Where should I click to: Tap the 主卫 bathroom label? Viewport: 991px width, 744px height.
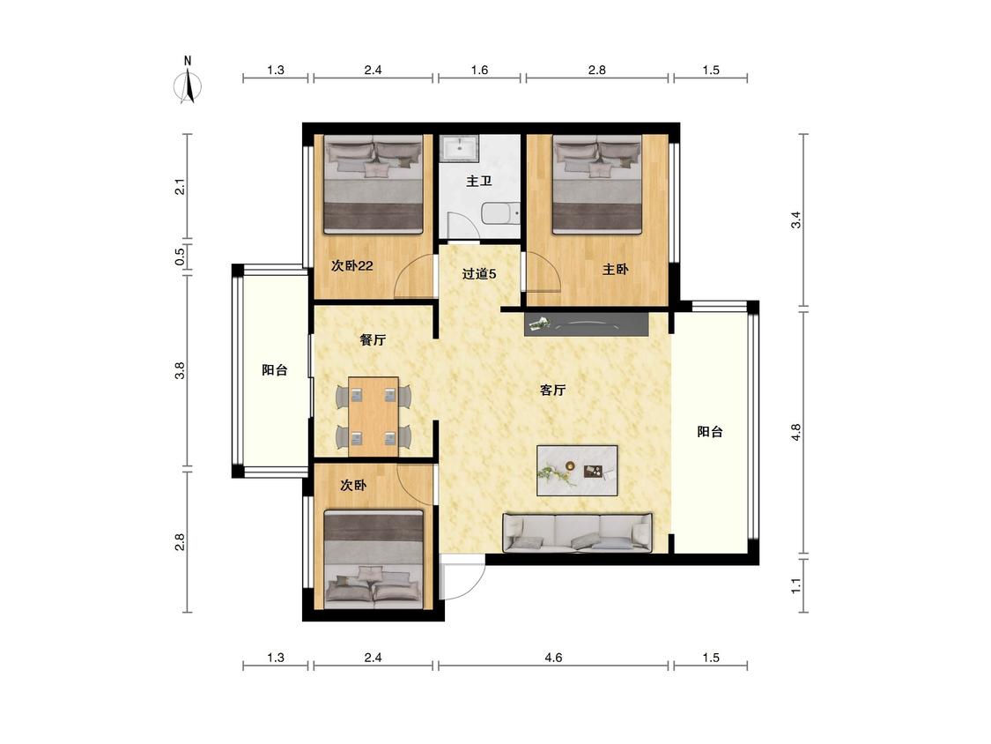[479, 182]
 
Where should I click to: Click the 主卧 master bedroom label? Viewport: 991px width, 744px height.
[615, 270]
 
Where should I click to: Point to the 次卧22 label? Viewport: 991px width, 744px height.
[352, 265]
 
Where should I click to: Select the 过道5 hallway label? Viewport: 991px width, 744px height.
[479, 274]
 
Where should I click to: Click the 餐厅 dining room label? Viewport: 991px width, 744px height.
[373, 339]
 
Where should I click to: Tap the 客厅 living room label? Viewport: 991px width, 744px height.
[552, 390]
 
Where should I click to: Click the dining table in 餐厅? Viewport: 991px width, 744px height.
[373, 416]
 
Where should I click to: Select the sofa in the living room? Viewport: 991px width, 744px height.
[577, 532]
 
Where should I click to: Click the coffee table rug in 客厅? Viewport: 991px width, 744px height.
[577, 471]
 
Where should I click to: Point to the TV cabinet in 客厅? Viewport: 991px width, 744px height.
[587, 324]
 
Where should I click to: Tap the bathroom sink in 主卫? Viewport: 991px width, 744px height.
[460, 149]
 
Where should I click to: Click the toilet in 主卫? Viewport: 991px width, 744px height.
[500, 214]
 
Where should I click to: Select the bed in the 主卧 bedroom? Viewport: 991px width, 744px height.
[597, 184]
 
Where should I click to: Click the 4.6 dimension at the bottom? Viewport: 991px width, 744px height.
[553, 658]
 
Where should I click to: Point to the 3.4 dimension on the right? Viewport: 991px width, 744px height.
[796, 220]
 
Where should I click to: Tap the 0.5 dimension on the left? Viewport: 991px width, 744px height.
[180, 256]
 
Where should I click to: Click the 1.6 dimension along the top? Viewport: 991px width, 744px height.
[480, 71]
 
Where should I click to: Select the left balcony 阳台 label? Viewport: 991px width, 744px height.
[274, 370]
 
